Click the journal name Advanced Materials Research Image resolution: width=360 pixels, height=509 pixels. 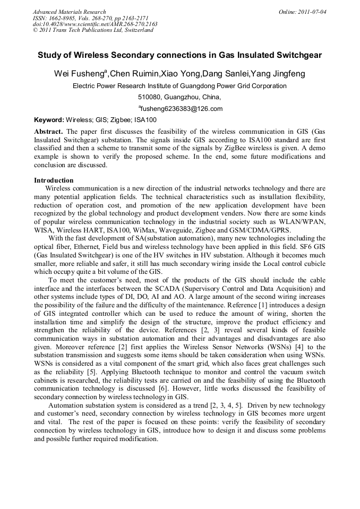(69, 12)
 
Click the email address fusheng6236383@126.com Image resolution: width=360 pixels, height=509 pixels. (181, 109)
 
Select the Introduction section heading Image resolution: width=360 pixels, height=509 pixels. (54, 180)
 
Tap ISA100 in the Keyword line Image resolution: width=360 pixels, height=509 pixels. (144, 120)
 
